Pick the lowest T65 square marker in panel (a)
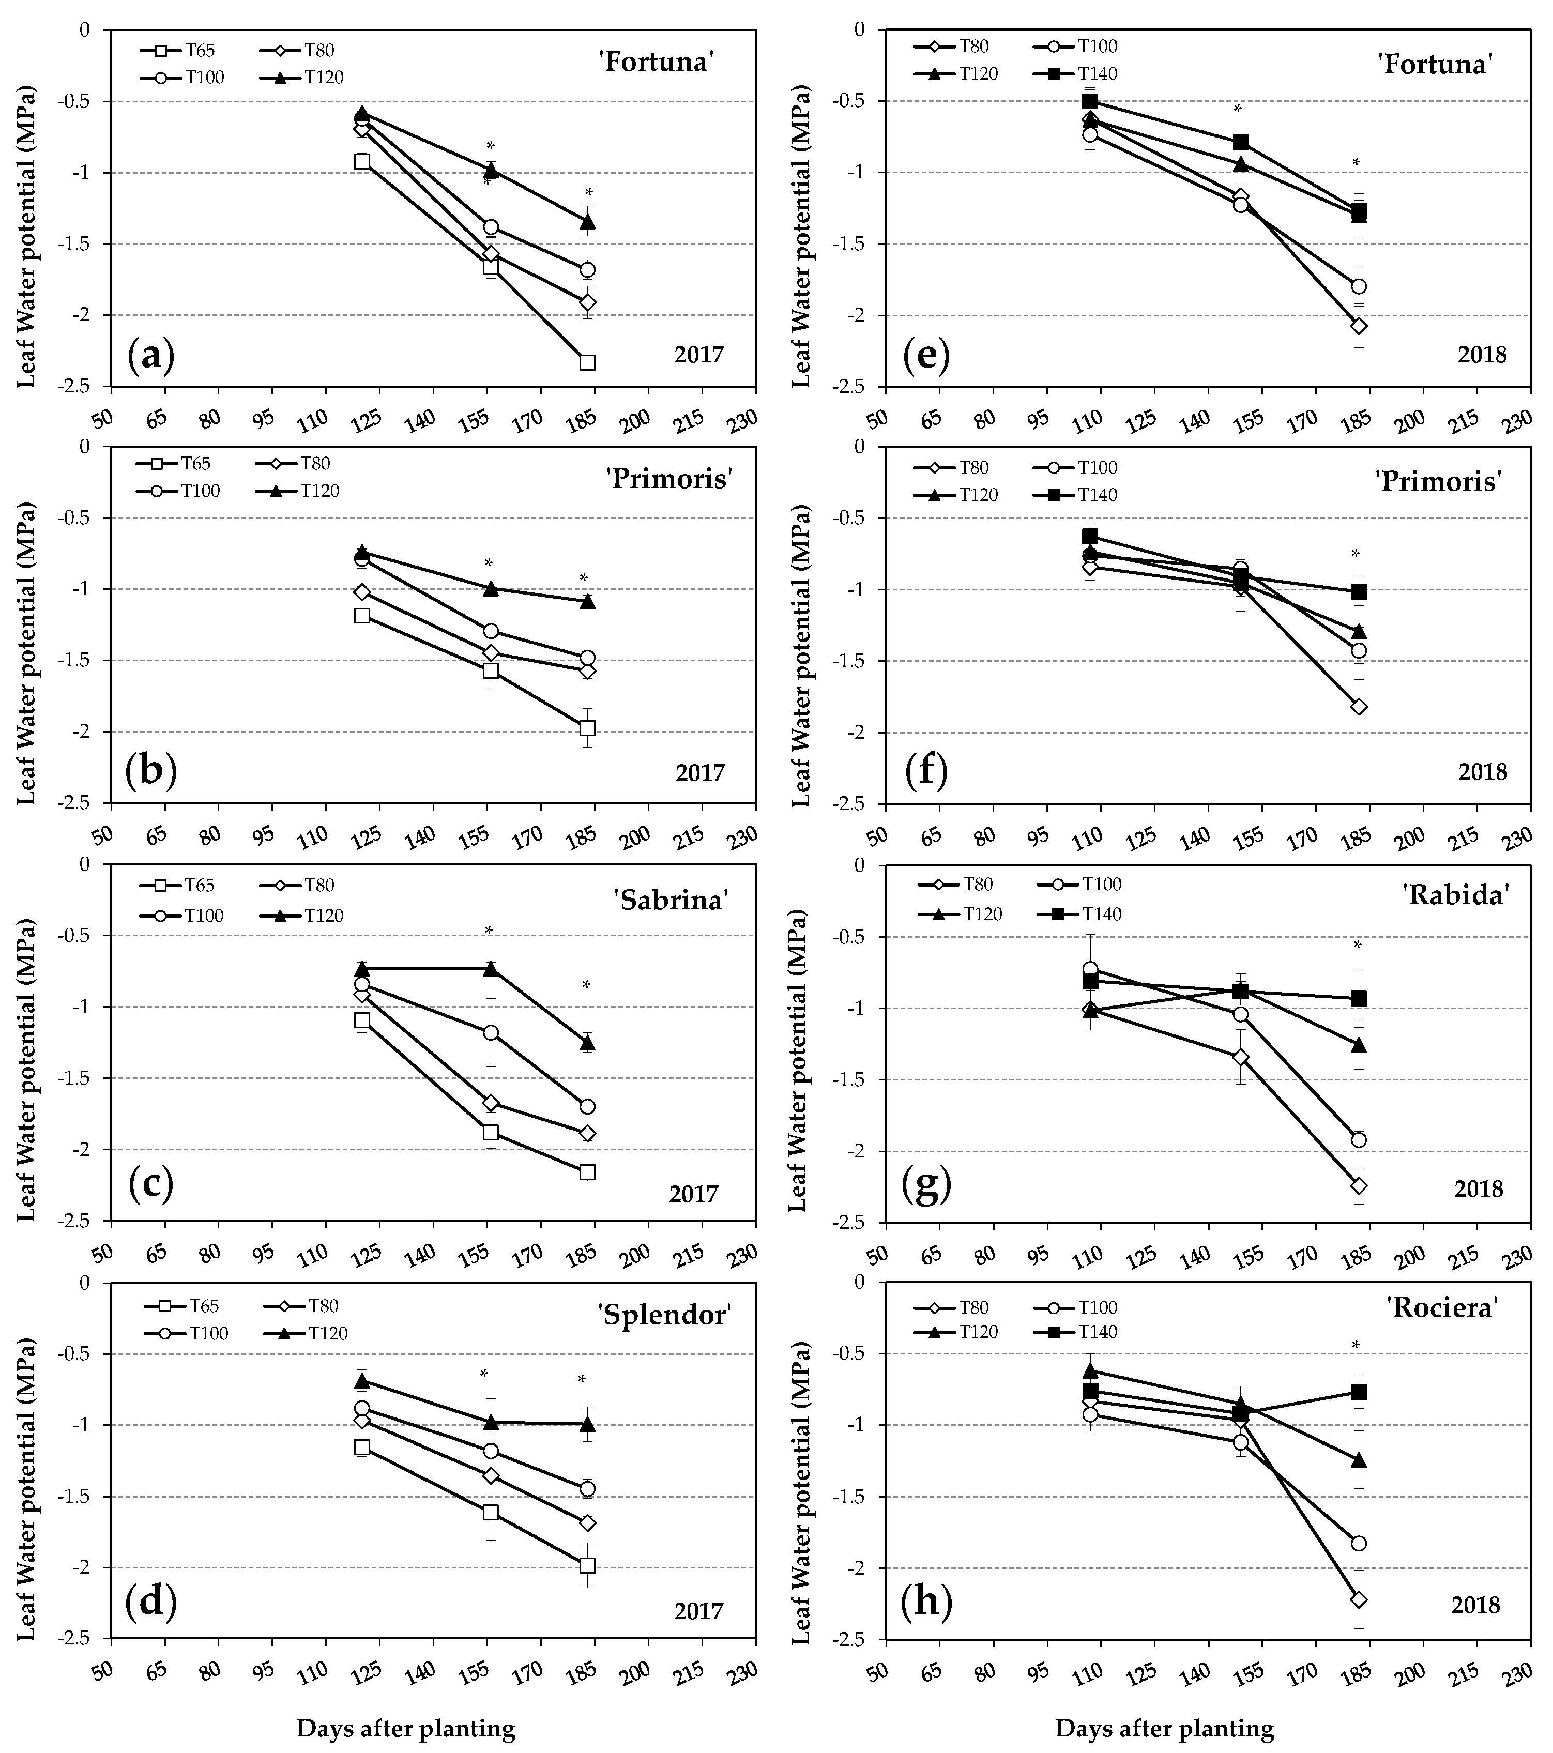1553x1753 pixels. coord(587,362)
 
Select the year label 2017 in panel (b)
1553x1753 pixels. coord(700,773)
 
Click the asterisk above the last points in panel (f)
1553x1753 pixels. coord(1356,554)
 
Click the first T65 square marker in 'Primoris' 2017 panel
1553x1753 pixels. coord(362,616)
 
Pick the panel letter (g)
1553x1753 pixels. coord(926,1188)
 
